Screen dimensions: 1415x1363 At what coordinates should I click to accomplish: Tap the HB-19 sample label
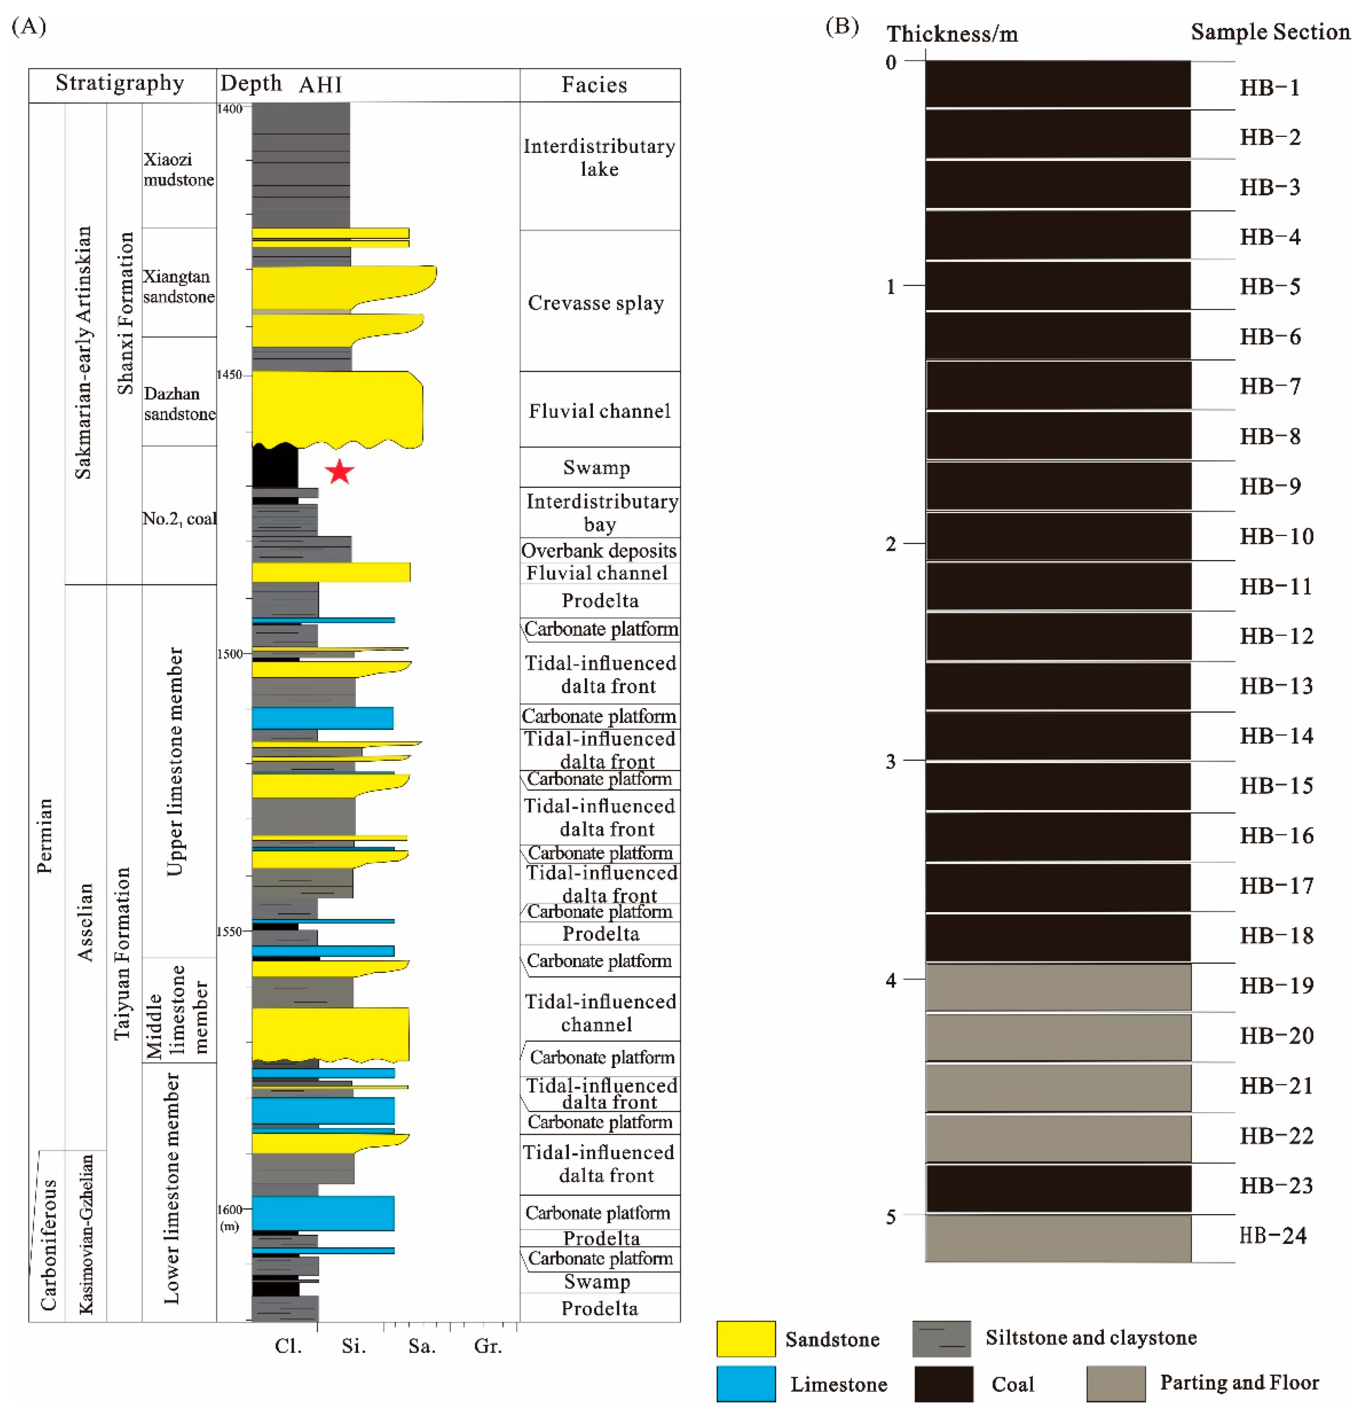tap(1276, 986)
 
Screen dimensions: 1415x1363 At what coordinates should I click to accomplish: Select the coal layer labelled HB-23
tap(1058, 1188)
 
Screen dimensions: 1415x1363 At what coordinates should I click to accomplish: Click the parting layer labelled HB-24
tap(1058, 1238)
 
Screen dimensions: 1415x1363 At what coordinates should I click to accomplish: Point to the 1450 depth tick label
tap(229, 375)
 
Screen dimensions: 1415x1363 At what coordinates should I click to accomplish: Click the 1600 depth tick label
tap(229, 1209)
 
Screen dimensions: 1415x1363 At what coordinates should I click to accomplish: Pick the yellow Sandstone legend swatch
tap(745, 1339)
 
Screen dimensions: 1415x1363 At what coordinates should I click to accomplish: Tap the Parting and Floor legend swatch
tap(1116, 1383)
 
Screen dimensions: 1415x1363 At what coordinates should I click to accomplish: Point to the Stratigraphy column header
tap(120, 83)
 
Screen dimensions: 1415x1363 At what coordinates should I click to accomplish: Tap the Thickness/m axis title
tap(952, 34)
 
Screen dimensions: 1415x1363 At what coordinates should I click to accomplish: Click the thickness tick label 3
tap(890, 762)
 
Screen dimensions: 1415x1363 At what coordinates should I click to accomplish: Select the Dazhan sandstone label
tap(179, 404)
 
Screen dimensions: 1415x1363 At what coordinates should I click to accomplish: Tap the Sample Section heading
tap(1270, 32)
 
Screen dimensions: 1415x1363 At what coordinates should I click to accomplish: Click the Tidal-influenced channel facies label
tap(599, 1013)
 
